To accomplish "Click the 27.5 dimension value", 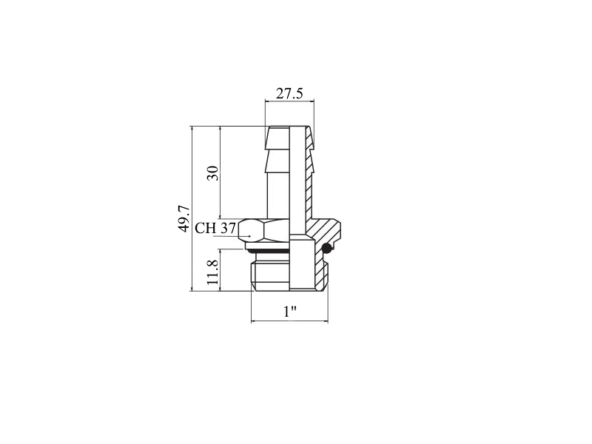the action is pos(289,93).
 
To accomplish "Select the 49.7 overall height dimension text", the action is pos(184,218).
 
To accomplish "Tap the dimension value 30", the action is pos(213,173).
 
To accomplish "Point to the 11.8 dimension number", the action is pos(212,272).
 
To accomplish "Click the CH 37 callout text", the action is pos(215,228).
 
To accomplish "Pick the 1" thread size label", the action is pos(290,312).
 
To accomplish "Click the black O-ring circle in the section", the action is pos(327,248).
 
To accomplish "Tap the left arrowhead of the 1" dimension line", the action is pos(254,321).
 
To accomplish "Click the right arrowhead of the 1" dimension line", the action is pos(326,321).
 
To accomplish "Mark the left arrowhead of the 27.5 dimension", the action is pos(268,101).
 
